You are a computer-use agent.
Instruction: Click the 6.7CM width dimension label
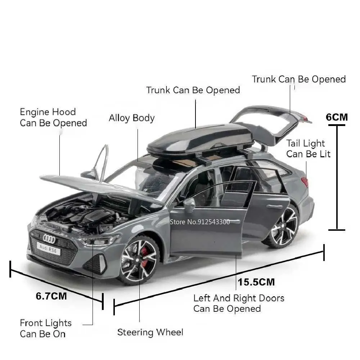pos(51,296)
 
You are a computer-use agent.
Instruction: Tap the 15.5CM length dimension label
pos(256,282)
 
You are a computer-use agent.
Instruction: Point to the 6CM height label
pos(337,117)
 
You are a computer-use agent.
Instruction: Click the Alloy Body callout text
pos(131,118)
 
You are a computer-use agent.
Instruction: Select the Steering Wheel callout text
pos(150,332)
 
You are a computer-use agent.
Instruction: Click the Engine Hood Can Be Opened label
pos(53,118)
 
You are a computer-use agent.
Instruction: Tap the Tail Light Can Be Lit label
pos(308,149)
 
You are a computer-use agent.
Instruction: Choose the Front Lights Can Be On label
pos(46,328)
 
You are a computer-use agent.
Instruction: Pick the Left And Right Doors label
pos(239,298)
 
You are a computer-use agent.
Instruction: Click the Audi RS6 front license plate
pos(49,249)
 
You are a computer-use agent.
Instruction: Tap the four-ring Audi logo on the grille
pos(49,239)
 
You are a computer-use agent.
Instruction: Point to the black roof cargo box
pos(201,139)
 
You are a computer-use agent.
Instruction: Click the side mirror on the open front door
pos(189,205)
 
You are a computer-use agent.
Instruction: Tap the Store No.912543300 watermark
pos(200,222)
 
